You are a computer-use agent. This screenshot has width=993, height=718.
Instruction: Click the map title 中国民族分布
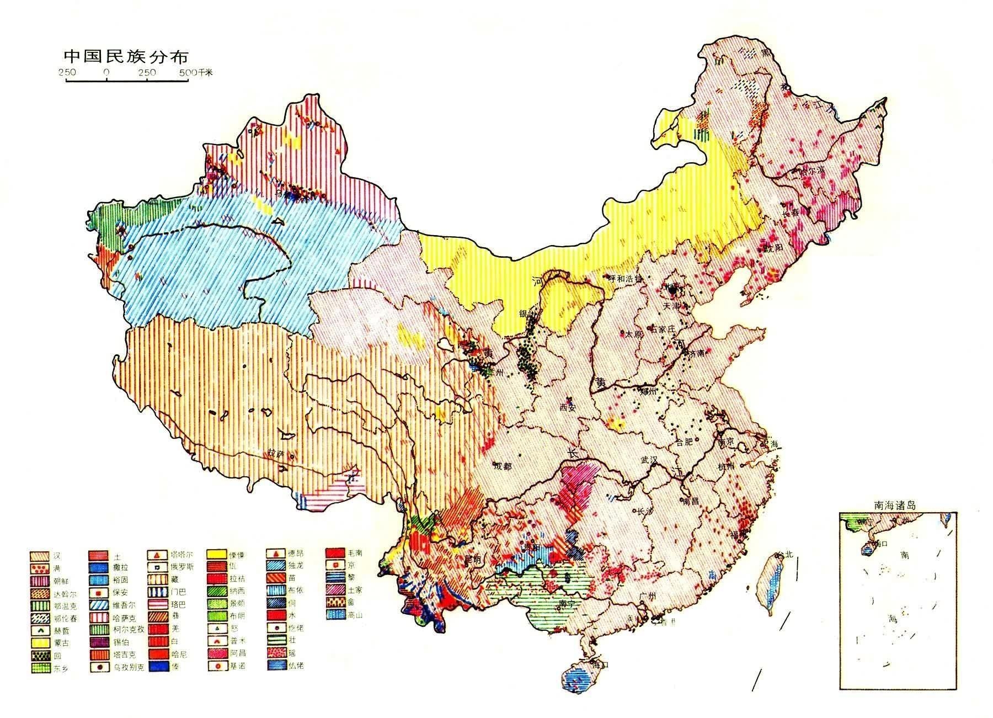(126, 56)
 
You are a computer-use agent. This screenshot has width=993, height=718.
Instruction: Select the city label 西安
(568, 408)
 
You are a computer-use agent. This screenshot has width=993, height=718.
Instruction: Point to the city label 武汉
(650, 459)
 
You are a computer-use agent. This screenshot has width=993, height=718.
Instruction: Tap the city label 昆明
(473, 559)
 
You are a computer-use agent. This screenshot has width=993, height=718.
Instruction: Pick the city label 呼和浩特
(625, 279)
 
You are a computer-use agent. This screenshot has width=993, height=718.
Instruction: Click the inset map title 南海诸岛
(895, 504)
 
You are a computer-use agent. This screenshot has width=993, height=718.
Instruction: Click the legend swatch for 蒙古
(40, 642)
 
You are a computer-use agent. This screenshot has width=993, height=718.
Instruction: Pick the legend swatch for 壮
(277, 640)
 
